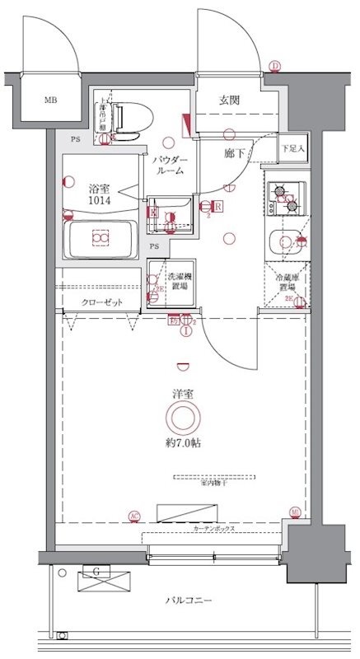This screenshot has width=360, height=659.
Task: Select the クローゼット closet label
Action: (101, 302)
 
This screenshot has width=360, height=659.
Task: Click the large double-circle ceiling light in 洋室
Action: (182, 420)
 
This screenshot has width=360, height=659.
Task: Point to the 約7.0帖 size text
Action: (182, 443)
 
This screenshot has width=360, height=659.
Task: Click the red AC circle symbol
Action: (133, 516)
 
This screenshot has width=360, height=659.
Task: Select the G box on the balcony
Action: (96, 571)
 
